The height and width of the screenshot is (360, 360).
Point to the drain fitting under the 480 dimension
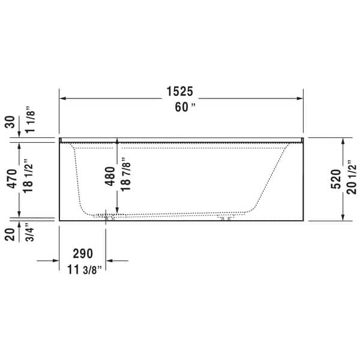click(109, 218)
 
